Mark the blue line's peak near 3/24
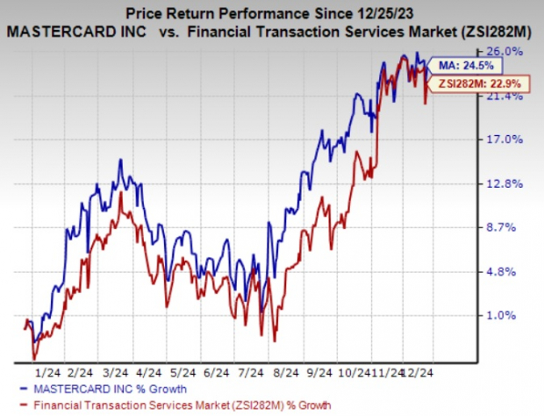point(120,160)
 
